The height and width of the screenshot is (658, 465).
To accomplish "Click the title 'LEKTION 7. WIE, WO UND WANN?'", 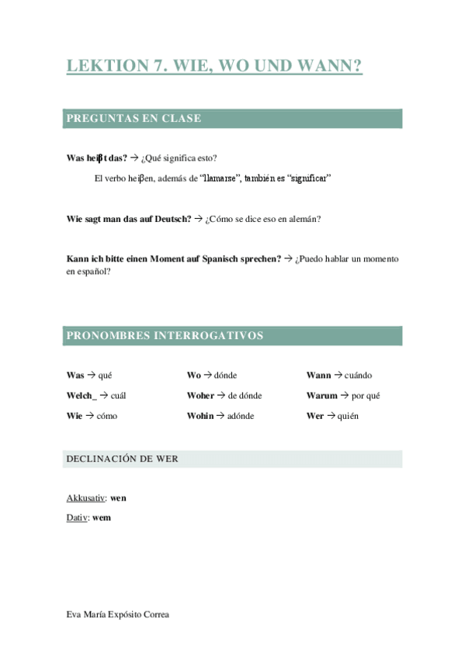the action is (214, 67).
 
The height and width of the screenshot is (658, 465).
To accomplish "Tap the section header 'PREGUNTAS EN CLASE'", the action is (134, 119).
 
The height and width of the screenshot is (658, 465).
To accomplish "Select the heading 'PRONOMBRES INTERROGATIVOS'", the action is (165, 336).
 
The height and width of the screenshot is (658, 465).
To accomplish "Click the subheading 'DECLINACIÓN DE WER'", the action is (122, 459).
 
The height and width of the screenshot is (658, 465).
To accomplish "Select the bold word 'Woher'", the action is (200, 396).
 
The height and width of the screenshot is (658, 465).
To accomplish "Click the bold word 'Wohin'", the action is (200, 416).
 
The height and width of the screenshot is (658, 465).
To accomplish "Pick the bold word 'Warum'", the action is (322, 396).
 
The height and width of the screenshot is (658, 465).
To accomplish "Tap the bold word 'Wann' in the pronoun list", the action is (318, 376).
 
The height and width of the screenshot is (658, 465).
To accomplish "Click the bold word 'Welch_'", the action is (82, 396).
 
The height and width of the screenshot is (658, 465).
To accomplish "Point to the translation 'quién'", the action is (348, 416).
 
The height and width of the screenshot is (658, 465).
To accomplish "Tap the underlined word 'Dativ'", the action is (77, 517).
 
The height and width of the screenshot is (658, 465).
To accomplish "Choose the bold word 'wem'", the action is (102, 517).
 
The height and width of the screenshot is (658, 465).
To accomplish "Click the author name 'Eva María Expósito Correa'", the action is (117, 615).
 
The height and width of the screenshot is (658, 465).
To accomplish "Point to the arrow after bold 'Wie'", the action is (89, 416).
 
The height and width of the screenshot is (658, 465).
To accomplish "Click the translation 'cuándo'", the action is (358, 376).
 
